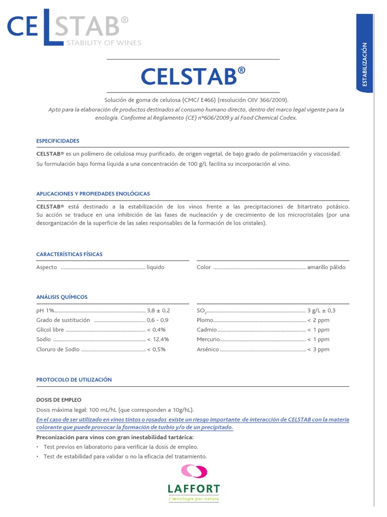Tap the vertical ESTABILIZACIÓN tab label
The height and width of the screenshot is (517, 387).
[365, 65]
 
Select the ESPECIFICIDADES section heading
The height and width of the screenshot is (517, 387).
[57, 141]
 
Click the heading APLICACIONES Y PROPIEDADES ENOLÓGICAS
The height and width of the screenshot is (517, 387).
[93, 194]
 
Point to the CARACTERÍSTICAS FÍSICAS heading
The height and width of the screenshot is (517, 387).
[69, 254]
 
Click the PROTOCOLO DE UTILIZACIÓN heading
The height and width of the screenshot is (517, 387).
[74, 379]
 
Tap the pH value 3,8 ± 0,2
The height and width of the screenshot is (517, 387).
[158, 311]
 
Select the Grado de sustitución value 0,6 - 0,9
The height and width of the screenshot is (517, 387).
[157, 320]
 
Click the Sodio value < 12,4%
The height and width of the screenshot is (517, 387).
[158, 339]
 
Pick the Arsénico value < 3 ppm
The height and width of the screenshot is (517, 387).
[318, 349]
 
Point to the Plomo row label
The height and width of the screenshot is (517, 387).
[205, 320]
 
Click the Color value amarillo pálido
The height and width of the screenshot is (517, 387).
[326, 267]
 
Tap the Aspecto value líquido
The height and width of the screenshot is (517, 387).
[155, 267]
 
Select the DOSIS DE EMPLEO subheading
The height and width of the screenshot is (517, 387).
[58, 399]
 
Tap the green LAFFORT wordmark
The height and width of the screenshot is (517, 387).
[193, 489]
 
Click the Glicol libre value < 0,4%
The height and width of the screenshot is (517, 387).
[156, 330]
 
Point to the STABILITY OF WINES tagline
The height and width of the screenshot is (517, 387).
[104, 43]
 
